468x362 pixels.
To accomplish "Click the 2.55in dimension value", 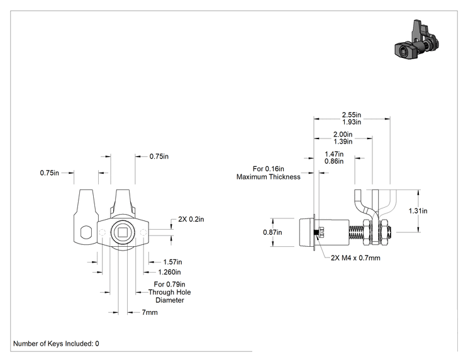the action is click(351, 115).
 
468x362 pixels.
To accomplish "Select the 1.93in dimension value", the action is click(351, 122).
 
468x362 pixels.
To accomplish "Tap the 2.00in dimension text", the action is click(343, 134).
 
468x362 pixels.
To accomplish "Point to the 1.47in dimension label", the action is click(334, 154).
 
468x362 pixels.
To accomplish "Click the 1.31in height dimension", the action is click(418, 211).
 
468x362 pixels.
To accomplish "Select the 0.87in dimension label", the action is click(272, 232).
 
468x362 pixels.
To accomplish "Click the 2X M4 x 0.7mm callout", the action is click(355, 257).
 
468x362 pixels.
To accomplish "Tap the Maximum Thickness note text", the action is click(269, 177).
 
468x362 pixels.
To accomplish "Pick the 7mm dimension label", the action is click(150, 312).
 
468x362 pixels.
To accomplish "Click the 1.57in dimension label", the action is click(172, 262).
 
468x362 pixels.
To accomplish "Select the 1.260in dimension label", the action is click(169, 272).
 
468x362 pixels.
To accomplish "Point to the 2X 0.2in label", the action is click(191, 219).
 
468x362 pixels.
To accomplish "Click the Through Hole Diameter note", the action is click(170, 292).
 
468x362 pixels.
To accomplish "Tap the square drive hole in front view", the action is click(123, 232).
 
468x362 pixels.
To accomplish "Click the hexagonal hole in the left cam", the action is click(86, 232).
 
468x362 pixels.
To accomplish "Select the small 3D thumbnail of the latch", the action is click(416, 40).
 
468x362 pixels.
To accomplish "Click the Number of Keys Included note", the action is click(56, 344).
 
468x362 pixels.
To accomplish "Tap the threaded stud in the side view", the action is click(356, 232).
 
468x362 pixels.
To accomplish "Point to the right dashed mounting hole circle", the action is click(143, 232).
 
